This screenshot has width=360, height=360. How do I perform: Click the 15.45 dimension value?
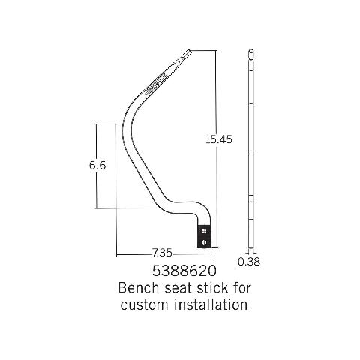point(219,139)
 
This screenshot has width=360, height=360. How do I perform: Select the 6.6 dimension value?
point(97,165)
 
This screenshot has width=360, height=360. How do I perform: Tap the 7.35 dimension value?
point(162,253)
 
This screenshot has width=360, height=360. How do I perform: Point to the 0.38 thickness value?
point(249,262)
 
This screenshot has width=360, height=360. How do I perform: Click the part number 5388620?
point(184,271)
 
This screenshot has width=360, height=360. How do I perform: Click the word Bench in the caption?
point(139,288)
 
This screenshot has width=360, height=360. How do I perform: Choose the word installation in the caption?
point(211,304)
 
